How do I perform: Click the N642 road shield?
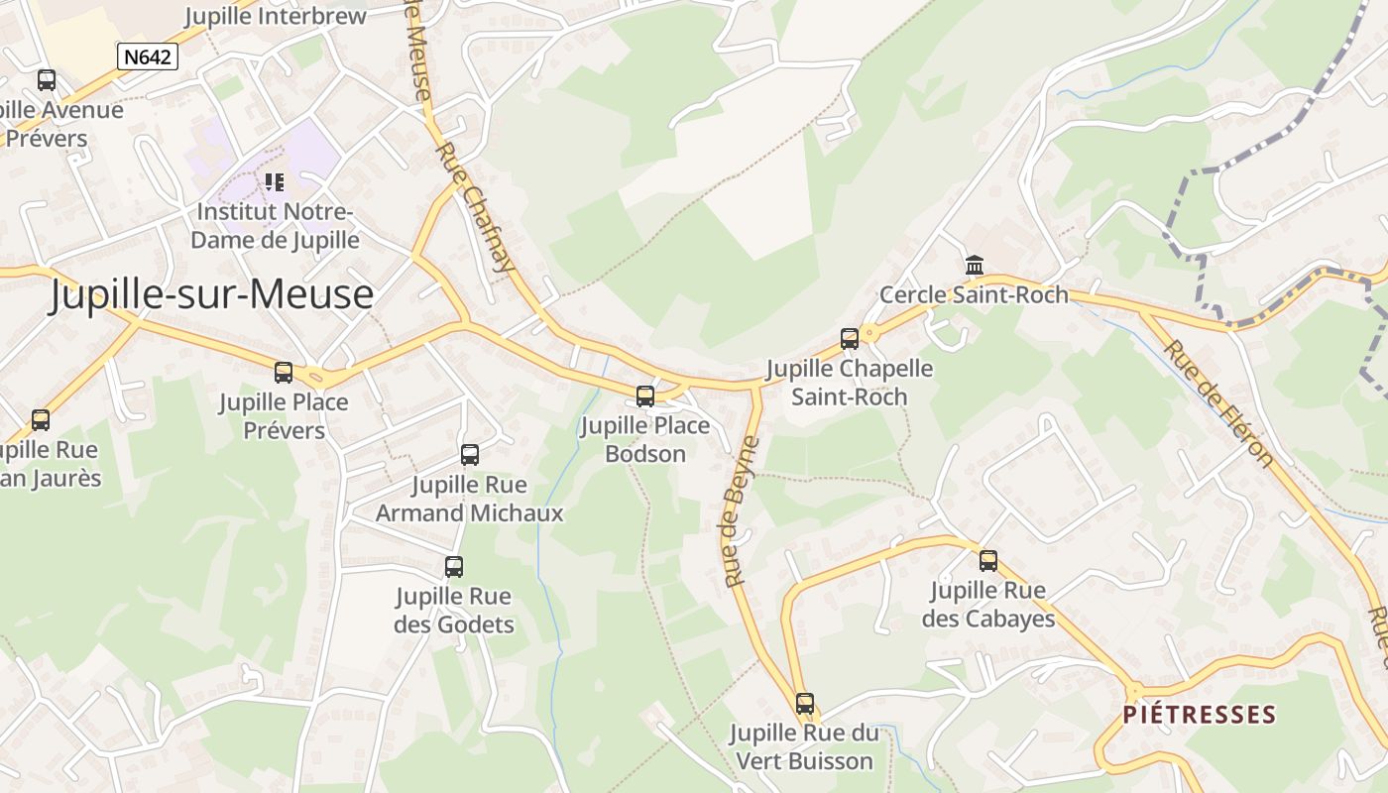click(148, 57)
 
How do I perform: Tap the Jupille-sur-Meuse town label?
click(212, 294)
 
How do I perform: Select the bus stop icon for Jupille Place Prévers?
click(284, 373)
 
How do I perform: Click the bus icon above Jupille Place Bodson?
click(645, 396)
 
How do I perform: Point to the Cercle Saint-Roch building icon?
click(975, 266)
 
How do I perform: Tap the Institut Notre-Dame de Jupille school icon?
click(275, 182)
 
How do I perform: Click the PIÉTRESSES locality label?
click(1200, 715)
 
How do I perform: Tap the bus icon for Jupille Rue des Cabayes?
click(988, 561)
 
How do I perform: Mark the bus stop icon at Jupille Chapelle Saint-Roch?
click(850, 339)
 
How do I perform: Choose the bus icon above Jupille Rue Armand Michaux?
click(470, 455)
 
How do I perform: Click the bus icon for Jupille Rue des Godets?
click(454, 567)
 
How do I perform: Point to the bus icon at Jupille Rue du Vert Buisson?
click(805, 704)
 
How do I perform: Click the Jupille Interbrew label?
click(276, 17)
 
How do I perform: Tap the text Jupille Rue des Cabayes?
click(987, 605)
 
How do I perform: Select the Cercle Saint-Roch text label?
click(975, 295)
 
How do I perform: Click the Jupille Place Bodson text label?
click(645, 440)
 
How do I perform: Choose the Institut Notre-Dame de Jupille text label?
click(275, 226)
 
